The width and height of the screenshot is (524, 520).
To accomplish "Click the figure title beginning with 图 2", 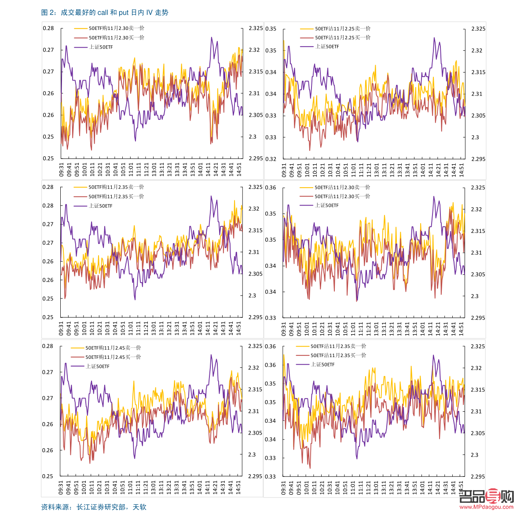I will point(105,13).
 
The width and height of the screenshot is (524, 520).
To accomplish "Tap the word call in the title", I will point(103,13).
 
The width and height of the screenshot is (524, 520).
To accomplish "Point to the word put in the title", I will point(124,13).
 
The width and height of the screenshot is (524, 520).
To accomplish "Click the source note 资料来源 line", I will point(93,507).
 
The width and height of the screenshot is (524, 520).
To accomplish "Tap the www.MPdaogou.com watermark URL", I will point(486,507).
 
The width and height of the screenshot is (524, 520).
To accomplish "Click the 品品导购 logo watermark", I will point(486,496).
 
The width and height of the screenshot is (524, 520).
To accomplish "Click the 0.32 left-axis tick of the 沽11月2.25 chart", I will point(271,159).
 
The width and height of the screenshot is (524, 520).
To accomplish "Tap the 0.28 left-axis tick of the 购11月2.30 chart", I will point(48,28).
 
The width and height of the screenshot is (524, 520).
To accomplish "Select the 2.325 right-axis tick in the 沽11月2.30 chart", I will point(478,188).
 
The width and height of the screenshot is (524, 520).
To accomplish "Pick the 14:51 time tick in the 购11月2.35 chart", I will point(239,328).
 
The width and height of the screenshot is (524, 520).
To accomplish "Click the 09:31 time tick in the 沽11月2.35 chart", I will point(284,488).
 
